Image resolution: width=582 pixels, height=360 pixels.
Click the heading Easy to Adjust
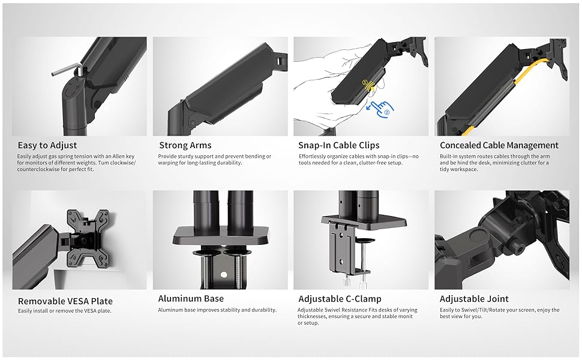point(47,145)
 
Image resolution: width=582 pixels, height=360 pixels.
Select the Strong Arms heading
point(185,145)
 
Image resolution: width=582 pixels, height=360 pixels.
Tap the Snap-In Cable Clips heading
point(338,145)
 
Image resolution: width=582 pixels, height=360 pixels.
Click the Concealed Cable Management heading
point(499,145)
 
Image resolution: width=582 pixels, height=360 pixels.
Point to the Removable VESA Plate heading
point(65,301)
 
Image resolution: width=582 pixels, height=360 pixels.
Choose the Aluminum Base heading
point(191,298)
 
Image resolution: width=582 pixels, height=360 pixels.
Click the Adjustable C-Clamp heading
point(340,299)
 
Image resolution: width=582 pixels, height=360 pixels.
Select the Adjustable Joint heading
point(474,299)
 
